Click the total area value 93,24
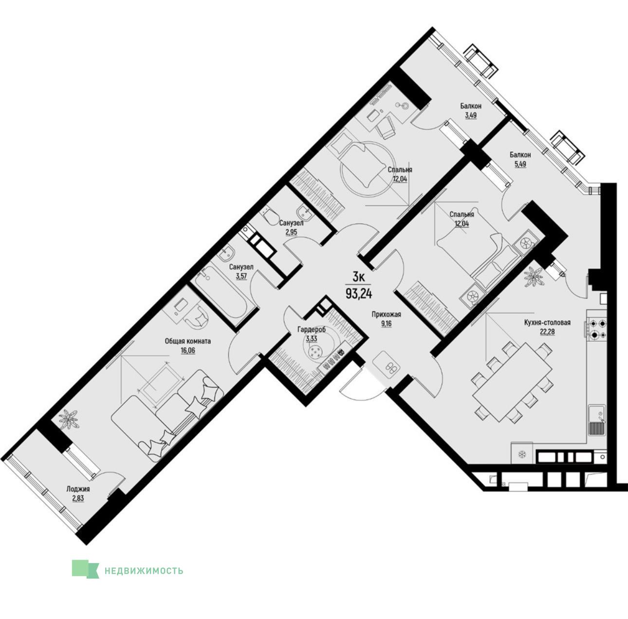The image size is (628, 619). (359, 294)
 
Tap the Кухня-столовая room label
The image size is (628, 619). (547, 322)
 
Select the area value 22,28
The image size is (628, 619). (547, 332)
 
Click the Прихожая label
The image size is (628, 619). (386, 315)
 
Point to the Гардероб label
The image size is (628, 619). (312, 330)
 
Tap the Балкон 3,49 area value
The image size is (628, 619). (471, 115)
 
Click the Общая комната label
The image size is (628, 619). (188, 341)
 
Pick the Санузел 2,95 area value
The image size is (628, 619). (291, 232)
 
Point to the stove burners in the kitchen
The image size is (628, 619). (597, 329)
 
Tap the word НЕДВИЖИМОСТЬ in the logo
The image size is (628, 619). (144, 571)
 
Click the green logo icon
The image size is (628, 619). (85, 569)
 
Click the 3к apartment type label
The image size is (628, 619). (359, 277)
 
